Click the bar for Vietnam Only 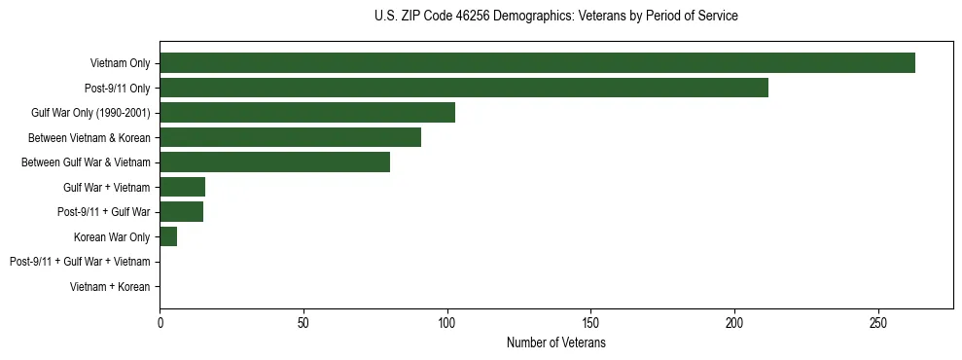coord(537,63)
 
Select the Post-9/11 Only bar coord(464,88)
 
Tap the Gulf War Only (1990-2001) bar coord(307,113)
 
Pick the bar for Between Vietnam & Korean coord(290,137)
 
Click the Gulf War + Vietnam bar coord(182,187)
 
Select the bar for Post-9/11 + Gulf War coord(181,212)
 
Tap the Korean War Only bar coord(168,236)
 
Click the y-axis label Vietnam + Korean coord(110,287)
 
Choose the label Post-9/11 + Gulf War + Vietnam coord(80,262)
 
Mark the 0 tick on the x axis coord(160,322)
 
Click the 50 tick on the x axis coord(303,322)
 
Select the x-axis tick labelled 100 coord(447,322)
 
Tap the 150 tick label coord(591,322)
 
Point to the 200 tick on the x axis coord(734,322)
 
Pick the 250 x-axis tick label coord(878,322)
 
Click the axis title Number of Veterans coord(555,343)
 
